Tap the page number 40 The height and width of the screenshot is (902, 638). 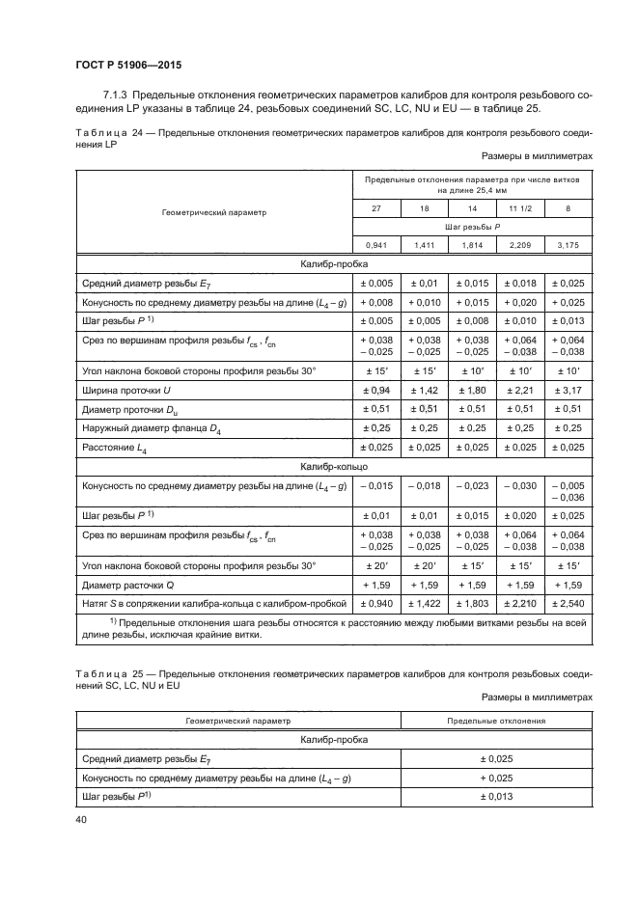(x=80, y=818)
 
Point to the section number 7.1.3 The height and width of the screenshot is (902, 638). (x=117, y=96)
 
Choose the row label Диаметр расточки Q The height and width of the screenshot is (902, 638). (x=125, y=585)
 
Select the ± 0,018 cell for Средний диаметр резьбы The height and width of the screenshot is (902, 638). (x=520, y=284)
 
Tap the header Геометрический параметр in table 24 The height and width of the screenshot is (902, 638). (x=213, y=212)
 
